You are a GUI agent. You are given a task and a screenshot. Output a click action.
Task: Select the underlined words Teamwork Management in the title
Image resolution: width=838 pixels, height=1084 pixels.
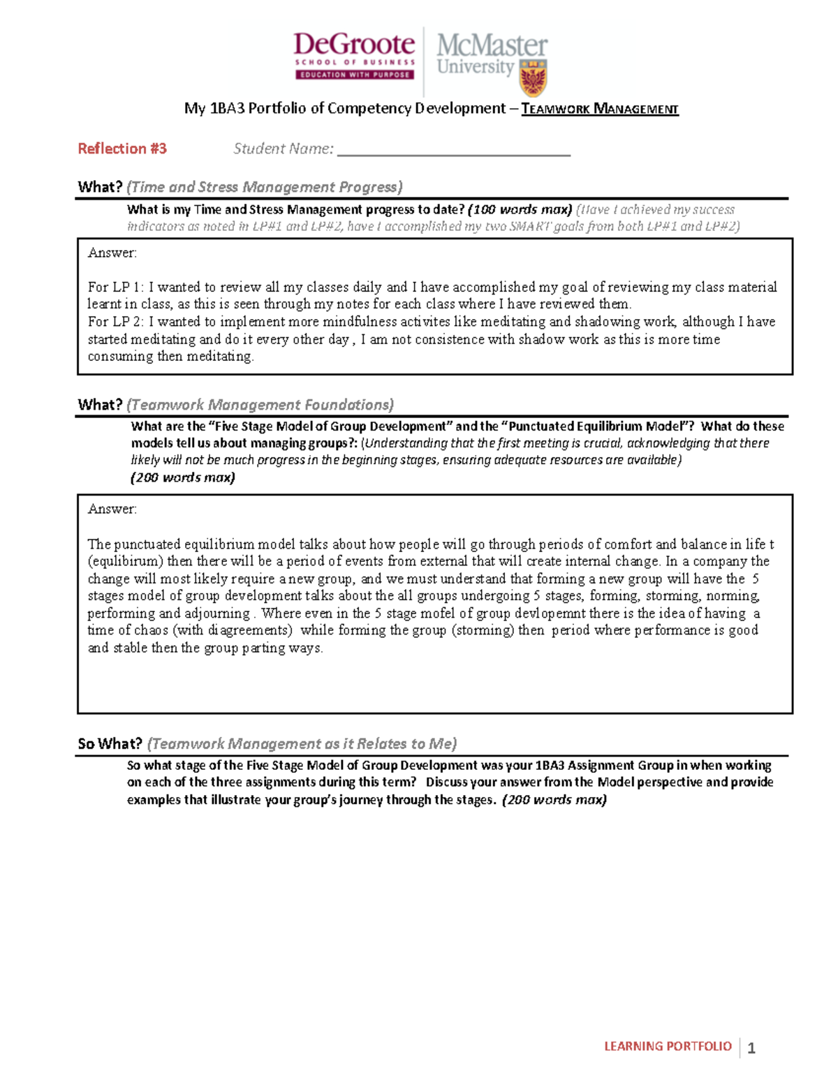(x=600, y=109)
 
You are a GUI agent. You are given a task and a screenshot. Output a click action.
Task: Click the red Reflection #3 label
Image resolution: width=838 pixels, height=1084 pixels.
(x=122, y=149)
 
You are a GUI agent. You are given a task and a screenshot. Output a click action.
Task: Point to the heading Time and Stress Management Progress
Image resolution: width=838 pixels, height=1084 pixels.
(x=265, y=187)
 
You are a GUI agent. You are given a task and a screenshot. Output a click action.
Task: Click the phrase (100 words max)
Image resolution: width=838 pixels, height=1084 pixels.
(x=520, y=209)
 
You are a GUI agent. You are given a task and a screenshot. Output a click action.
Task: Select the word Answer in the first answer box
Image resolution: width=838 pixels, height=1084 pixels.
(x=112, y=253)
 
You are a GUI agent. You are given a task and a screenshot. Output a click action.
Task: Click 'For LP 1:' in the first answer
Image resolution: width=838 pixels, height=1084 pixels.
(x=116, y=287)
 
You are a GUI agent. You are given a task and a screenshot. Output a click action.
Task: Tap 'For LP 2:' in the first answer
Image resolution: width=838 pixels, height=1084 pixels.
(x=116, y=322)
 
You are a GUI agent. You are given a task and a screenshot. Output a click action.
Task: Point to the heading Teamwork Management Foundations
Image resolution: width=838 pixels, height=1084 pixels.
(x=260, y=405)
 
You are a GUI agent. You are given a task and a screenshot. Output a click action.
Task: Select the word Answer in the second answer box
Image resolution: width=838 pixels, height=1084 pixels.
(x=112, y=509)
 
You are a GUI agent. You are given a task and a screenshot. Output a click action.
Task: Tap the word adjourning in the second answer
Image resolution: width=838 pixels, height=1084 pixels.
(x=216, y=614)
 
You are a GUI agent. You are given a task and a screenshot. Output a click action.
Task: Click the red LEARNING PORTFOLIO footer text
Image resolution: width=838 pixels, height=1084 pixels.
(x=667, y=1046)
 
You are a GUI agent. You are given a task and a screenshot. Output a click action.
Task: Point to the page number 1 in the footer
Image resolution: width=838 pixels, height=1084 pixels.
(x=751, y=1048)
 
